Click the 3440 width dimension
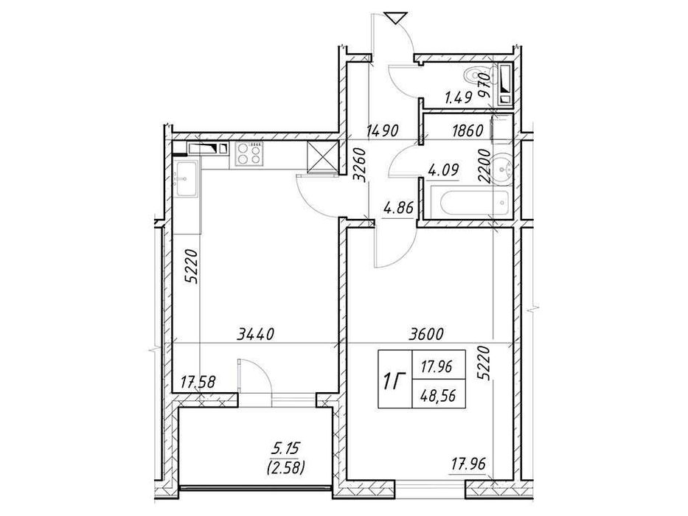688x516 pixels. click(255, 335)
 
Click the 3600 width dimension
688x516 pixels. click(425, 335)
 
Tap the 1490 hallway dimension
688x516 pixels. click(383, 130)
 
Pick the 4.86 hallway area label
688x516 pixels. click(398, 206)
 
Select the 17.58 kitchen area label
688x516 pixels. click(198, 382)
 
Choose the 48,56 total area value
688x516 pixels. click(438, 397)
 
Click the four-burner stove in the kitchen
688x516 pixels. click(250, 154)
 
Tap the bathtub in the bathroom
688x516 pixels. click(470, 202)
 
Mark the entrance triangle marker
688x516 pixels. click(393, 18)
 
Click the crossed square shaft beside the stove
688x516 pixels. click(322, 156)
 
